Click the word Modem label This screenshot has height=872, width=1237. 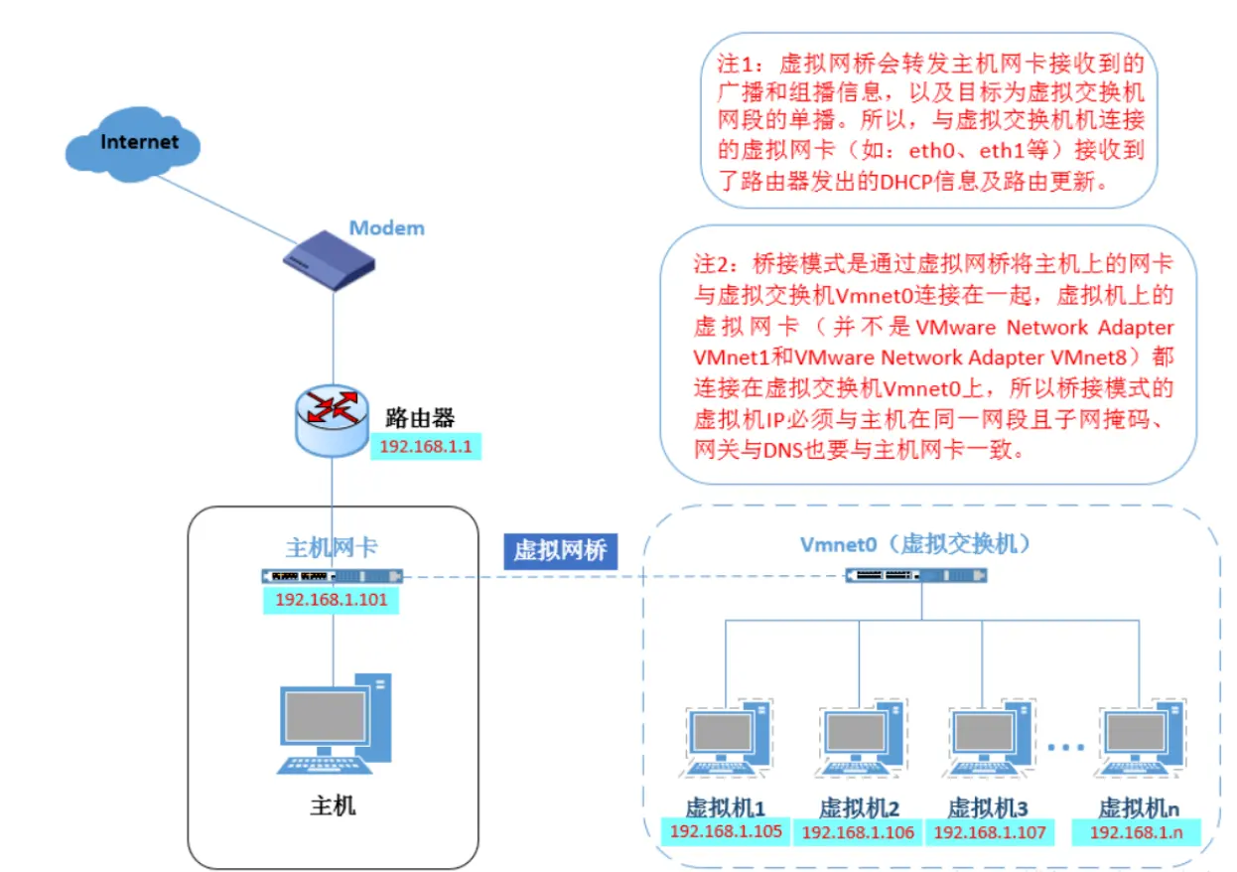click(x=386, y=228)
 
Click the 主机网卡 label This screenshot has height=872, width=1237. click(x=332, y=548)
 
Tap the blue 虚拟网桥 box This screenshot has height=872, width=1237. click(x=560, y=550)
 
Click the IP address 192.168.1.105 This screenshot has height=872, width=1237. click(x=726, y=831)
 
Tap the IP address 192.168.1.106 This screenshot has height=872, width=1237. click(x=858, y=832)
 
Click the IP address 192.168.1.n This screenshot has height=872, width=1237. click(x=1137, y=832)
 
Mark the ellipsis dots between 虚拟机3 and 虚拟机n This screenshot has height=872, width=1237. click(x=1068, y=746)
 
